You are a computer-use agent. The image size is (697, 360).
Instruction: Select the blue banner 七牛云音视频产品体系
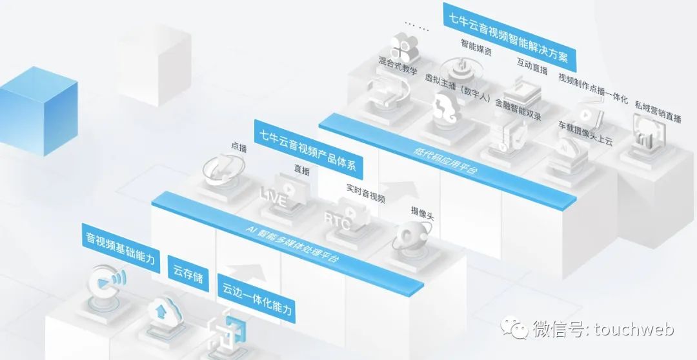tap(308, 149)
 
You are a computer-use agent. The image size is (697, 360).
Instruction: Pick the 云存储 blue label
tap(188, 274)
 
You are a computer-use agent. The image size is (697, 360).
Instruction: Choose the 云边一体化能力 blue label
tap(256, 301)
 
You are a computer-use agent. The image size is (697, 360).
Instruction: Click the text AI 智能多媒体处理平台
tap(292, 242)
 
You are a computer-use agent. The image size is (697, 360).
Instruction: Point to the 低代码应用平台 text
tap(445, 159)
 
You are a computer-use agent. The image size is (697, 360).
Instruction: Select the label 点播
tap(239, 147)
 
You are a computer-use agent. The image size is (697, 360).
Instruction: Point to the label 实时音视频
tap(365, 193)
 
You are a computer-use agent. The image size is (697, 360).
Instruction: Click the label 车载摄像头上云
tap(585, 132)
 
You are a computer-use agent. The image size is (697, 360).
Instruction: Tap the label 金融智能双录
tap(518, 109)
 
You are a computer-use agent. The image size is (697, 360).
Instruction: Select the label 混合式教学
tap(398, 65)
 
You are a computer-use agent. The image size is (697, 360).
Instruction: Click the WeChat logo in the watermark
tap(514, 327)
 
